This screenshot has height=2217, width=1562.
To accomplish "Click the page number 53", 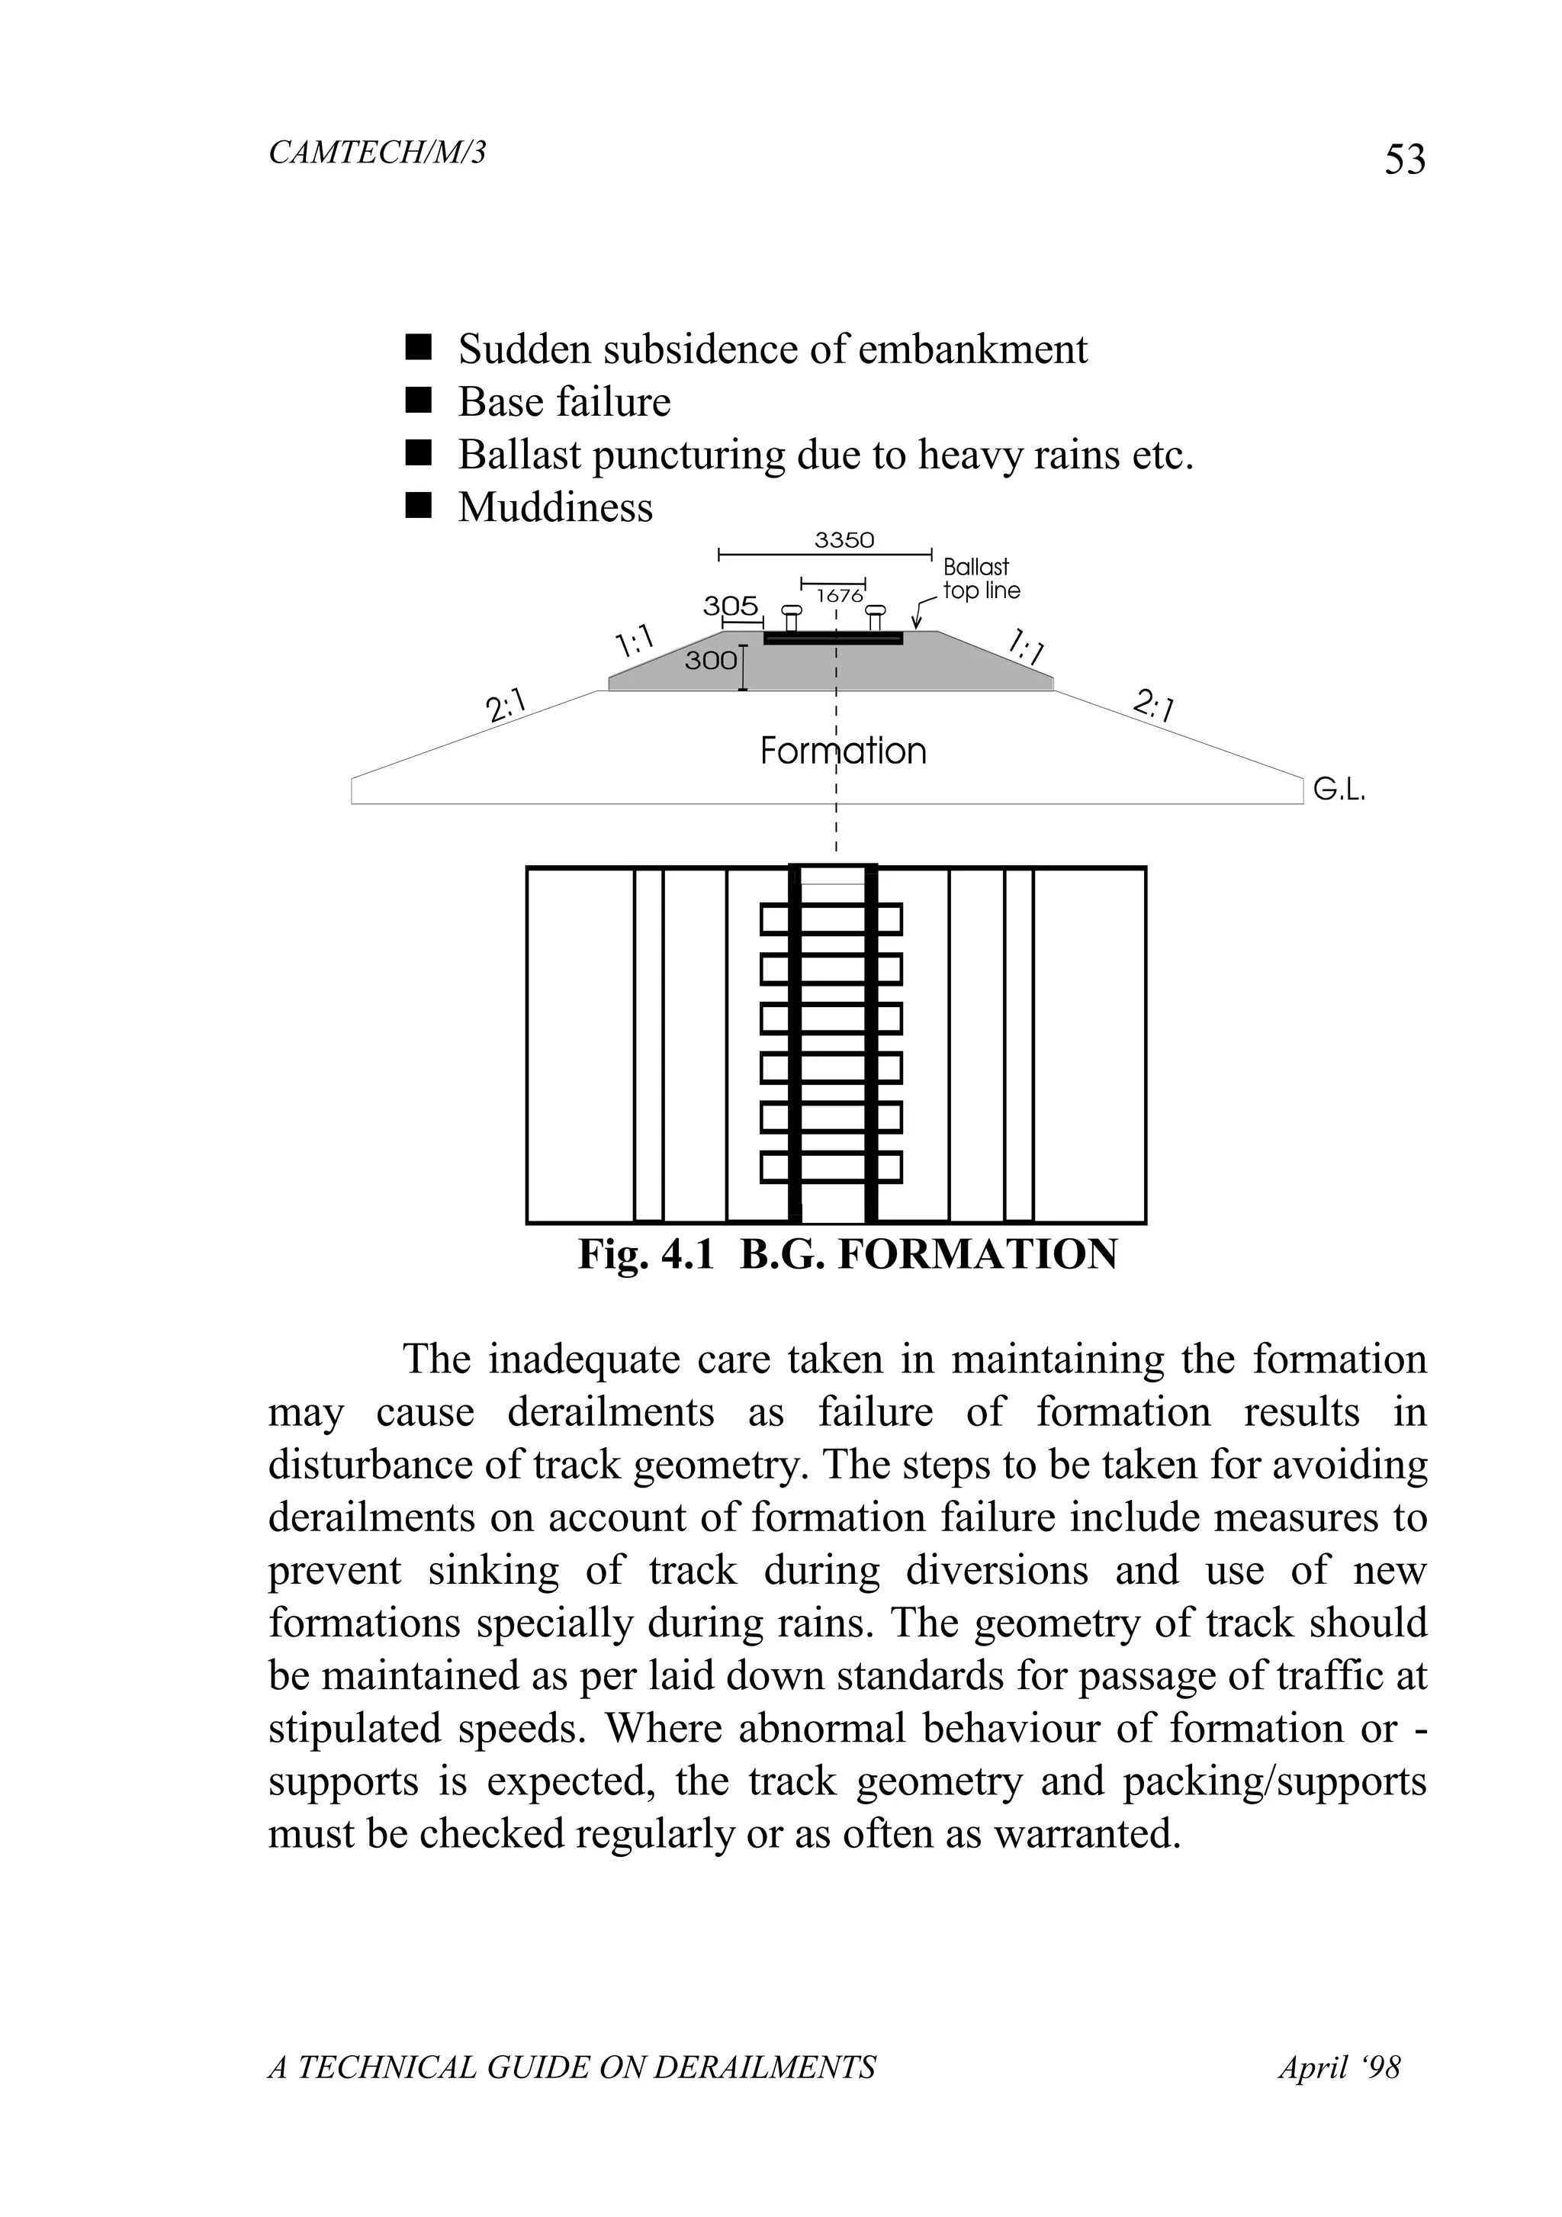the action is click(x=1405, y=159).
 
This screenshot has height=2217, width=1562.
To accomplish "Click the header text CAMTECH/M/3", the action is click(x=377, y=153).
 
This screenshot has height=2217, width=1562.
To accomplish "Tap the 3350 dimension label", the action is click(x=844, y=541).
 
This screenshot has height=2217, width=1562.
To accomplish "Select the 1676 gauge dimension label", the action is click(x=839, y=596).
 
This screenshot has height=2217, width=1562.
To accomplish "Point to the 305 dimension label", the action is click(x=730, y=606).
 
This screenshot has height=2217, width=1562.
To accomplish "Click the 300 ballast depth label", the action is click(x=711, y=661).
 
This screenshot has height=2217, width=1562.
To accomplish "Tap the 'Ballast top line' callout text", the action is click(x=980, y=578).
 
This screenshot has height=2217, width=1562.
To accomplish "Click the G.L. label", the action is click(x=1339, y=792).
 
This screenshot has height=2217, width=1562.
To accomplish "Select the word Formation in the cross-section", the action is click(x=843, y=751).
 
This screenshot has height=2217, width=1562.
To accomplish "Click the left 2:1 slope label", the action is click(x=506, y=706).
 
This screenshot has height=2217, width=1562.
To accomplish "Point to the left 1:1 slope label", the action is click(x=635, y=641).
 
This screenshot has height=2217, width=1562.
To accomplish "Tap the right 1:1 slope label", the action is click(x=1027, y=646).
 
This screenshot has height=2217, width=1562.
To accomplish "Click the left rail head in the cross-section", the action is click(x=791, y=610).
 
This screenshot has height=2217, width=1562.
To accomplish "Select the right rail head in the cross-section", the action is click(x=875, y=610).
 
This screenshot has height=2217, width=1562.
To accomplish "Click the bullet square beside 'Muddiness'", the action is click(x=417, y=506).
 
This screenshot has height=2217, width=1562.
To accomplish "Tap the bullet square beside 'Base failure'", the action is click(x=417, y=400).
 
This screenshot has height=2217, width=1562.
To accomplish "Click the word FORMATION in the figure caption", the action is click(x=977, y=1254).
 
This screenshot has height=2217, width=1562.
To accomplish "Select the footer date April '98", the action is click(x=1339, y=2067).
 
